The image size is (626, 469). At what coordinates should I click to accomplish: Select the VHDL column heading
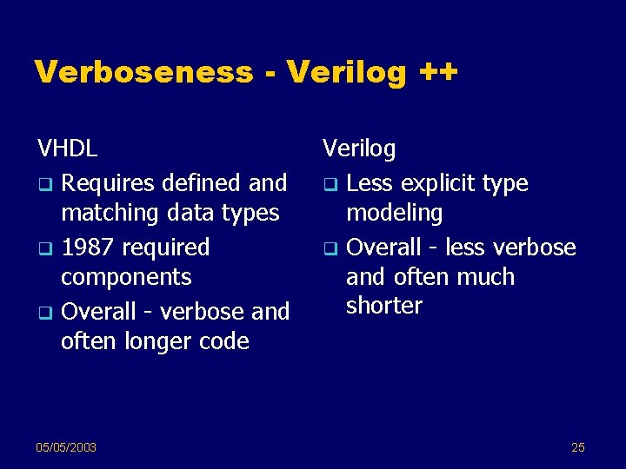(x=67, y=149)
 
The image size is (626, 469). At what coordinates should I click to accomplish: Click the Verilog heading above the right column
(x=359, y=149)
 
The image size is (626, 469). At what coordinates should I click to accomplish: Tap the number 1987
(x=88, y=248)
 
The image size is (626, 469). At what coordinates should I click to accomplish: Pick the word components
(x=126, y=278)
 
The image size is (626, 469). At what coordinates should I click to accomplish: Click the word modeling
(x=394, y=214)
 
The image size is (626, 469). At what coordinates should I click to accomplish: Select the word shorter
(x=383, y=306)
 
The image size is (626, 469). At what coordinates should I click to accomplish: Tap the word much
(x=483, y=277)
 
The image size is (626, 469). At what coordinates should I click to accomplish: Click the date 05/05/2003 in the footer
(x=66, y=447)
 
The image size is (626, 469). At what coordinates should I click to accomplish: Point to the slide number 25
(x=578, y=447)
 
